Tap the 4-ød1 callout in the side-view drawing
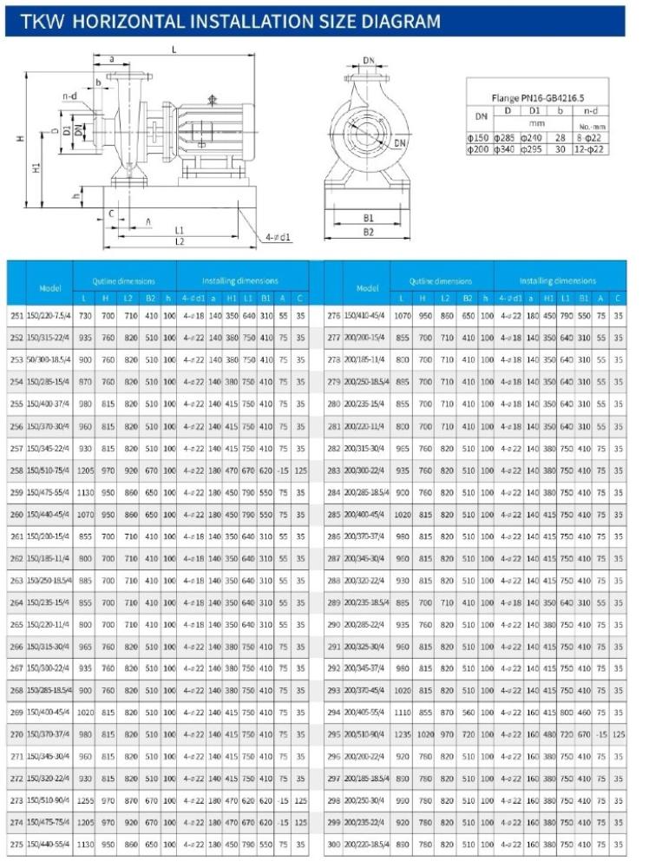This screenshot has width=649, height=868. (x=278, y=236)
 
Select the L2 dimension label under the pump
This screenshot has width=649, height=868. (x=179, y=241)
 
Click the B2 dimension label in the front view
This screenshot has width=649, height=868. (x=368, y=233)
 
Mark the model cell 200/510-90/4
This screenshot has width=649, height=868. (x=365, y=733)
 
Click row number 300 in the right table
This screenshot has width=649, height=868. (x=333, y=843)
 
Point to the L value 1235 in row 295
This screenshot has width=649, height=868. (x=402, y=733)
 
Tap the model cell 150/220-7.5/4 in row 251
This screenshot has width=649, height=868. (x=49, y=316)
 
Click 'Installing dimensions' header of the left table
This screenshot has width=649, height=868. (x=240, y=280)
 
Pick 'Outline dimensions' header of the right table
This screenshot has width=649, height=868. (x=441, y=280)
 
